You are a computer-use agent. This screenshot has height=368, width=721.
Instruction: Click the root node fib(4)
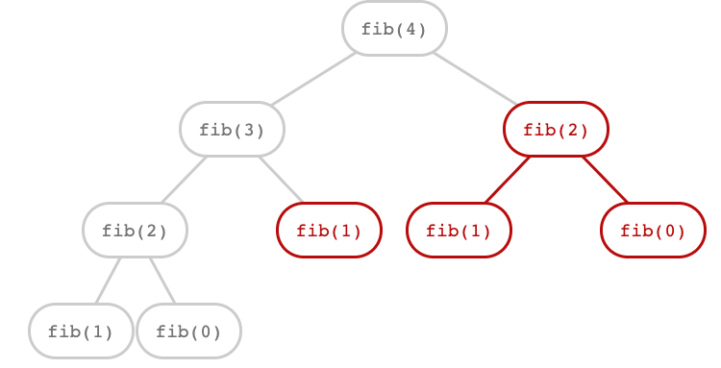coord(394,28)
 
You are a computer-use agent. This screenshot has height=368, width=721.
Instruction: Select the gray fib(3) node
coord(232,129)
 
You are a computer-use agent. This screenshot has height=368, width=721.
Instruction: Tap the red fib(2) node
coord(556,129)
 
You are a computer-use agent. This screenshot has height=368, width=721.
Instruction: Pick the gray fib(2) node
coord(135,230)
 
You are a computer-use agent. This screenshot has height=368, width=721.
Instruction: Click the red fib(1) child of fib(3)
coord(329,230)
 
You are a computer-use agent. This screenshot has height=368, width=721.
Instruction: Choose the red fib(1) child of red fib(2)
coord(459,230)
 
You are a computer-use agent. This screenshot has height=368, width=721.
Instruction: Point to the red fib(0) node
coord(653,230)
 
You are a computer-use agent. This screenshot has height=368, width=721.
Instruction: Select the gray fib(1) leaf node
coord(81,331)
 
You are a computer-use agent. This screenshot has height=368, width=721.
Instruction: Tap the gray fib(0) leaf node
coord(188,331)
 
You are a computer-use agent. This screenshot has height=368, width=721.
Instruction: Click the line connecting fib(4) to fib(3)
coord(313,79)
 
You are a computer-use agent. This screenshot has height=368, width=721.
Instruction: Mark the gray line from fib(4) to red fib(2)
coord(475,78)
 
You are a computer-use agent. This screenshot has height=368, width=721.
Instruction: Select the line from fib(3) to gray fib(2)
coord(184,180)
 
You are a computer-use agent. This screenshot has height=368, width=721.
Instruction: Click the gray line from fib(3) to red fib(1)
coord(281,180)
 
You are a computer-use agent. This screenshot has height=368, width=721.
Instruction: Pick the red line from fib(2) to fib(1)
coord(508,179)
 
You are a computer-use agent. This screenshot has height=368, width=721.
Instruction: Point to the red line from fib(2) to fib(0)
coord(605,179)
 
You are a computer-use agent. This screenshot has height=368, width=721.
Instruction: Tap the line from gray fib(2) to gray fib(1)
coord(108,281)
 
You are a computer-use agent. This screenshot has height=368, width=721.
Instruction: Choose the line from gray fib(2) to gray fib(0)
coord(162,281)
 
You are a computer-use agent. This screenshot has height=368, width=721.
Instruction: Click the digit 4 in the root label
coord(410,29)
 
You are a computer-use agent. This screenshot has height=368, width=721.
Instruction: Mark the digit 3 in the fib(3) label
coord(248,130)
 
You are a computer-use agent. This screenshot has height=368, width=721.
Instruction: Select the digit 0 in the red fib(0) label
coord(669,231)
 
